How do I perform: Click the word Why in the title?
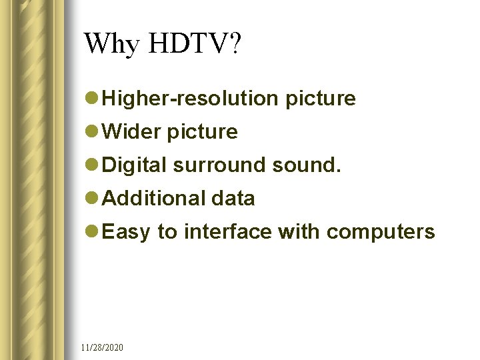pyautogui.click(x=111, y=44)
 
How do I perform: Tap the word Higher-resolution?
pyautogui.click(x=191, y=99)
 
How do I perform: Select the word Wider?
pyautogui.click(x=132, y=132)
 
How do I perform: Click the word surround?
pyautogui.click(x=219, y=165)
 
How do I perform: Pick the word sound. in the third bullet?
pyautogui.click(x=307, y=165)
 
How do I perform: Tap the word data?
pyautogui.click(x=233, y=198)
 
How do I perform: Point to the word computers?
pyautogui.click(x=381, y=232)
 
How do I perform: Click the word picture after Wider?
pyautogui.click(x=202, y=132)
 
